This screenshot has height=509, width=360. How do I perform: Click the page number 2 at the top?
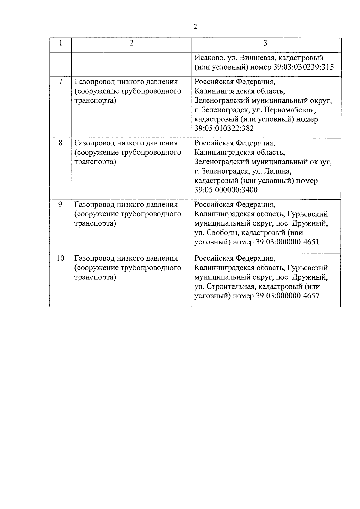click(x=196, y=27)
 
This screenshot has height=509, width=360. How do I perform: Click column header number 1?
click(x=61, y=43)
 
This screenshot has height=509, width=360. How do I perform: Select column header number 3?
click(x=265, y=43)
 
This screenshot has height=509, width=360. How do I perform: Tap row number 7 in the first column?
click(x=61, y=82)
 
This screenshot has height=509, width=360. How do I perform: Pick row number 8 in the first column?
click(x=61, y=143)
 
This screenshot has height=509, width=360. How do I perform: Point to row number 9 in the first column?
click(x=61, y=205)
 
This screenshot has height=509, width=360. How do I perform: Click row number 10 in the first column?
click(x=61, y=258)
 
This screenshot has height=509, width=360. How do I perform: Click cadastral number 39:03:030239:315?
click(x=303, y=67)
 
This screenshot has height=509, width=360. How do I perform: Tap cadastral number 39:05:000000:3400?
click(x=226, y=190)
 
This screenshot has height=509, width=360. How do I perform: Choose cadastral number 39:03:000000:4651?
click(x=288, y=242)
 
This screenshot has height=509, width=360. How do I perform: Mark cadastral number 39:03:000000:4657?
click(x=288, y=296)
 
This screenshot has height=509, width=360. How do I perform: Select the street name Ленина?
click(x=278, y=172)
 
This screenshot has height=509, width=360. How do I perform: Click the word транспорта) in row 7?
click(x=95, y=100)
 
